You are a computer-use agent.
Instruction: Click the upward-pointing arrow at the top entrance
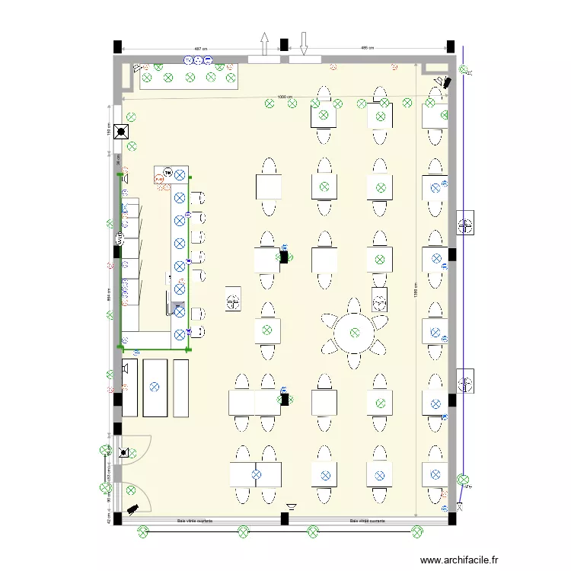pos(264,43)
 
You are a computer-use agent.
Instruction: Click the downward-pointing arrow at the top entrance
pos(303,43)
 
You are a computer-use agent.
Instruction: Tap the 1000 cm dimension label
pos(284,97)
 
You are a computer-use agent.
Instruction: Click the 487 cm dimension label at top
pos(199,49)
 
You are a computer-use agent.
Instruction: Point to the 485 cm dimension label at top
pos(366,49)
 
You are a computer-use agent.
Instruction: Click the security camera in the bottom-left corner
pos(132,507)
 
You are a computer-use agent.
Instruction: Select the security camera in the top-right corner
pos(442,81)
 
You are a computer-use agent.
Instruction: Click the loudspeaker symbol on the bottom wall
pos(292,506)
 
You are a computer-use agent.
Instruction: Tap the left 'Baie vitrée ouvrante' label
pos(194,522)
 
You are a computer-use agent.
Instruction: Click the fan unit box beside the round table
pos(378,298)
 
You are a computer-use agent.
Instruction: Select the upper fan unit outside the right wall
pos(465,223)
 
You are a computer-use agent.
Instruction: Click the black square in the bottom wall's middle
pos(284,519)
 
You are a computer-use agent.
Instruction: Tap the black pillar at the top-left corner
pos(118,46)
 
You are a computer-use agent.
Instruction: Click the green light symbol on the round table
pos(355,332)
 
